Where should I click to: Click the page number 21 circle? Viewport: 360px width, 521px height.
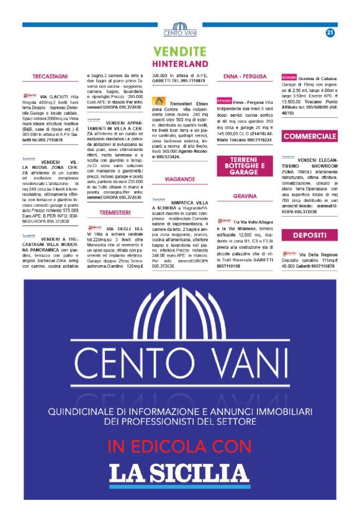(x=330, y=33)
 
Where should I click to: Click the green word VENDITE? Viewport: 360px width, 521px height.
(x=180, y=51)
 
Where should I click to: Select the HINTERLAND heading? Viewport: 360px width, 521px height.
(x=180, y=63)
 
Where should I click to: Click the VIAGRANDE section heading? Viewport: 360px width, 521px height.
(x=180, y=179)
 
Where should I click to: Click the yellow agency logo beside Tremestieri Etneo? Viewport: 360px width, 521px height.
(x=160, y=99)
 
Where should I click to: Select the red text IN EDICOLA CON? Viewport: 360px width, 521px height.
(x=180, y=445)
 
